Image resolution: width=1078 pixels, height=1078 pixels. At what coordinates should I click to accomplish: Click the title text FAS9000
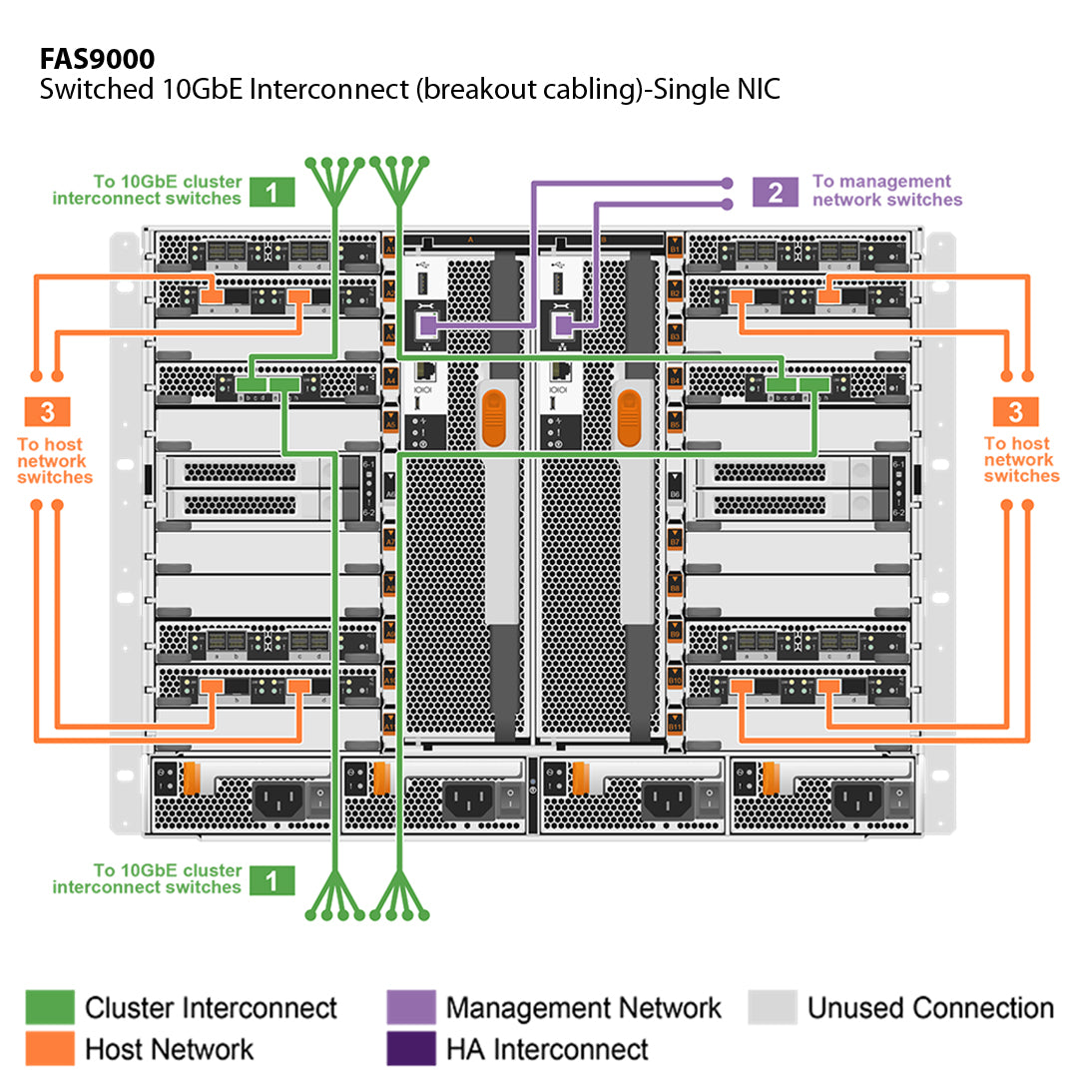click(97, 58)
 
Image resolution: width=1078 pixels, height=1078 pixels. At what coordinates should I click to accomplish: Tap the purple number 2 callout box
click(776, 191)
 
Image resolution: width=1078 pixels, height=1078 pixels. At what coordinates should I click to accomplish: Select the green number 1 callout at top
click(272, 191)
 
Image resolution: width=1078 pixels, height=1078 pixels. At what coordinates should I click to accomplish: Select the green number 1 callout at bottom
click(272, 879)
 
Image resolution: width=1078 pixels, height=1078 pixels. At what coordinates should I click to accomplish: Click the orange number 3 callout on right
click(1015, 411)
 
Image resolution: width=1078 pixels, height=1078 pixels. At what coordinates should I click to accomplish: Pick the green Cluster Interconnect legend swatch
click(50, 1008)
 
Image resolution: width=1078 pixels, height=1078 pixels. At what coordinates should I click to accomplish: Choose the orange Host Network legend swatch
click(50, 1049)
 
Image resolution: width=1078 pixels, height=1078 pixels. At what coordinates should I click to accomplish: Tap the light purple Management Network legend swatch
click(410, 1008)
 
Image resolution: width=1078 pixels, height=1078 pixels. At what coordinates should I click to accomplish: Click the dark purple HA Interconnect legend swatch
click(410, 1049)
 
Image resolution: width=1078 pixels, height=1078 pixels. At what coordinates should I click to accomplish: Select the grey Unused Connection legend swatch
click(773, 1008)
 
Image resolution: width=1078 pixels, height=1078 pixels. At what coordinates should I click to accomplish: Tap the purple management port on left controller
click(427, 324)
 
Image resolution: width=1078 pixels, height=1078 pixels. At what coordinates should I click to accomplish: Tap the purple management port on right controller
click(563, 324)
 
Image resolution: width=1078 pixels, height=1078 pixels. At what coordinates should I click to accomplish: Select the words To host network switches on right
click(1020, 460)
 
